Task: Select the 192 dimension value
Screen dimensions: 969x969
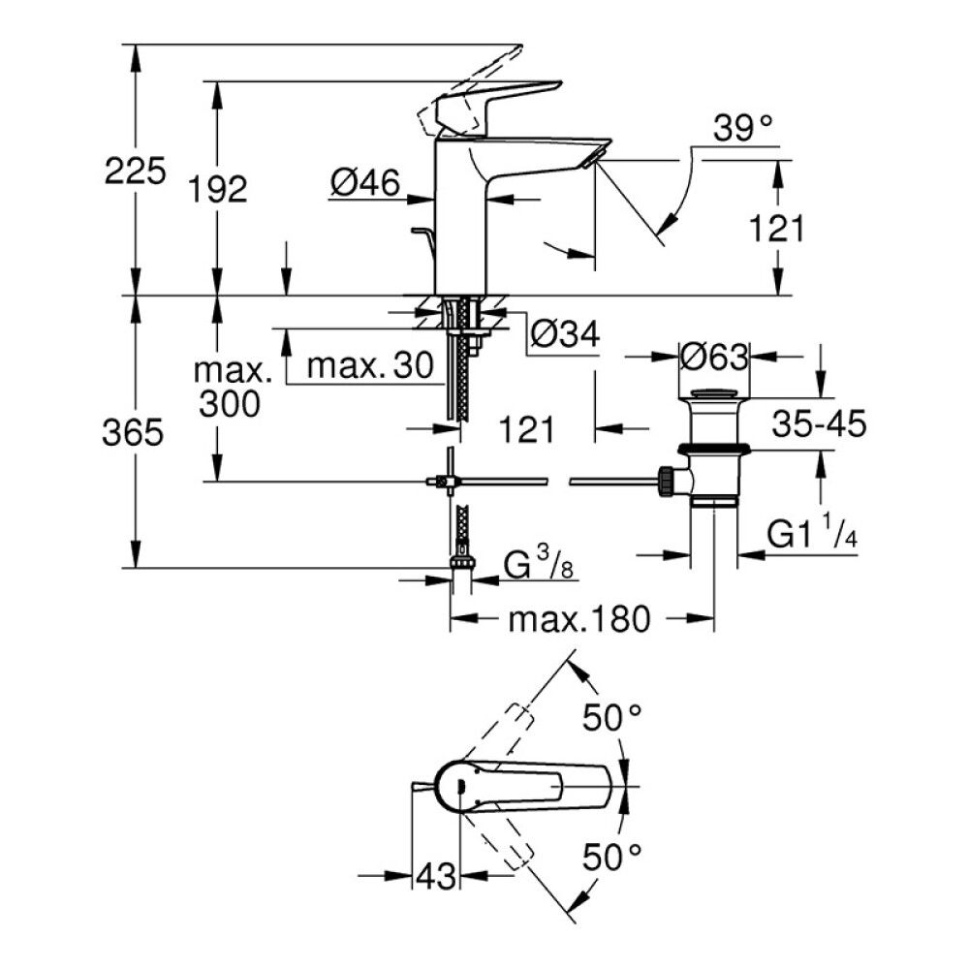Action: pyautogui.click(x=218, y=189)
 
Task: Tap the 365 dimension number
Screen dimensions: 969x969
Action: pyautogui.click(x=133, y=433)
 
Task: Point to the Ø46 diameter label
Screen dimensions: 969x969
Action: pyautogui.click(x=364, y=182)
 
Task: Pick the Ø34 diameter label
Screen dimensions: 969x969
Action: pyautogui.click(x=565, y=334)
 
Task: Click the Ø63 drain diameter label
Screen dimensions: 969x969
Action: pyautogui.click(x=713, y=357)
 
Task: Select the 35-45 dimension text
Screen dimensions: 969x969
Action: pyautogui.click(x=819, y=422)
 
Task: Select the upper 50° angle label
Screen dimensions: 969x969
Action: pyautogui.click(x=612, y=718)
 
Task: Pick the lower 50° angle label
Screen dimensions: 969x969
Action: pyautogui.click(x=612, y=855)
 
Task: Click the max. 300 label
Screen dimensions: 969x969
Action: pyautogui.click(x=231, y=388)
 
